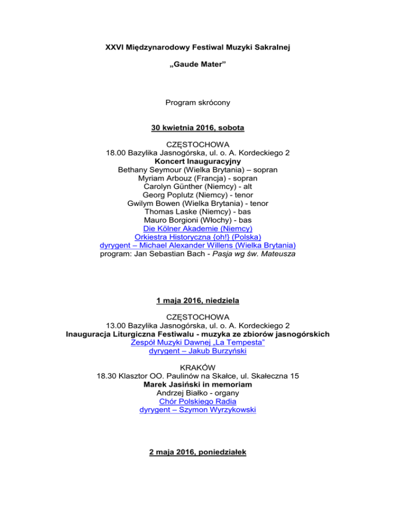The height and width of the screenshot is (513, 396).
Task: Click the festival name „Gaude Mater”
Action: tap(197, 67)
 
